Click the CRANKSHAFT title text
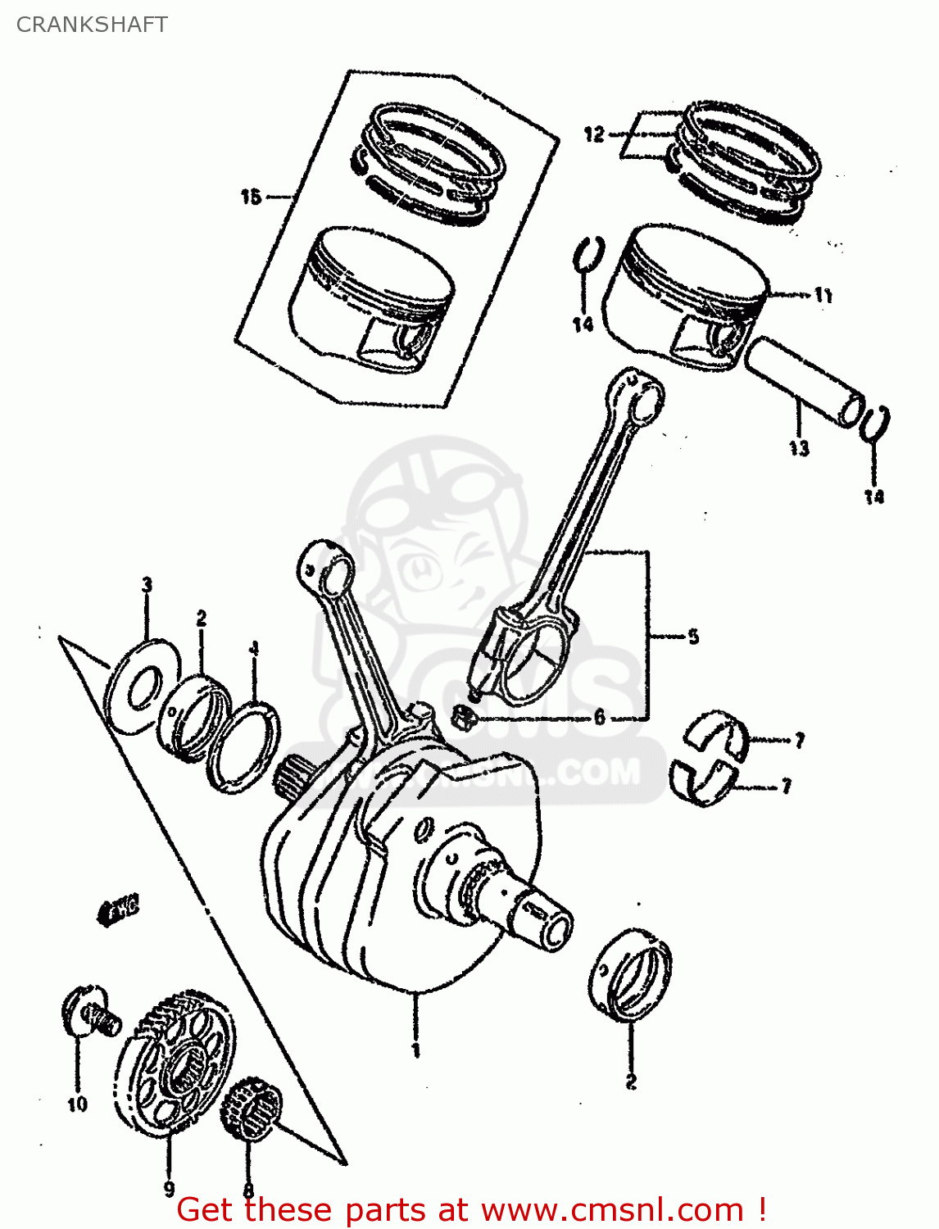point(92,25)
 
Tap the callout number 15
point(251,197)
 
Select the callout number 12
point(594,134)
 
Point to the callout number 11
point(823,295)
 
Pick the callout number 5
point(693,637)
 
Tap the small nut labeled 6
point(465,719)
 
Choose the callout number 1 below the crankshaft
point(415,1050)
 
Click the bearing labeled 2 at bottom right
point(630,975)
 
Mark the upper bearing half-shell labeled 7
point(717,733)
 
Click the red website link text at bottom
point(471,1209)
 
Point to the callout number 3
point(147,585)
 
